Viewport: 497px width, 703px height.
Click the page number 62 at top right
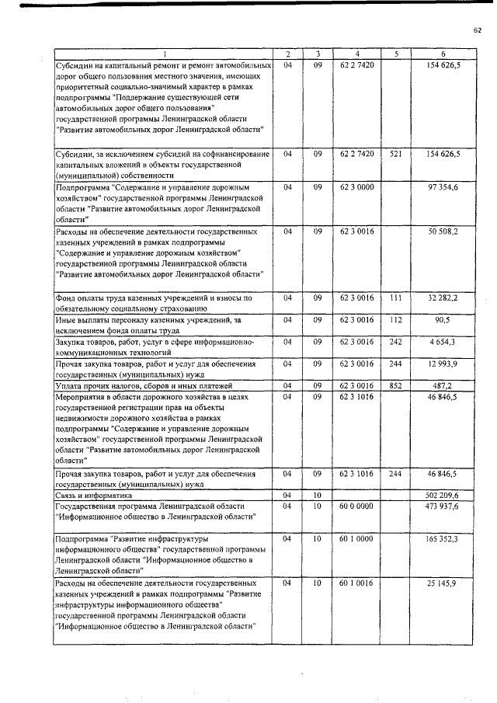click(x=478, y=30)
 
